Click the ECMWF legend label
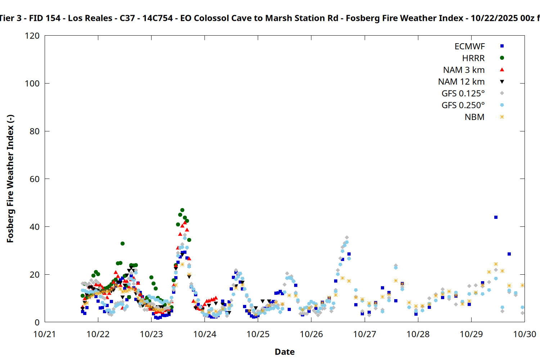click(469, 46)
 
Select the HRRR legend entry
click(473, 58)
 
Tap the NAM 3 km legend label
click(464, 70)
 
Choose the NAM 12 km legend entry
click(461, 82)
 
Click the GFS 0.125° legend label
click(463, 94)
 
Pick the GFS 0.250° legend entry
click(463, 105)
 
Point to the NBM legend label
click(474, 117)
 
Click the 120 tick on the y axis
click(32, 36)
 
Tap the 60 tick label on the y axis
click(35, 179)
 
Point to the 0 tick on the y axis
click(37, 322)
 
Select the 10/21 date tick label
click(45, 334)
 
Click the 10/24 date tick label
click(204, 334)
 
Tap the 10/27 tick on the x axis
click(365, 334)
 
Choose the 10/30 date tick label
click(525, 334)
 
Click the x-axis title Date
click(284, 352)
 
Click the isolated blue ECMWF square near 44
click(496, 217)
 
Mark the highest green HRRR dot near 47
click(182, 210)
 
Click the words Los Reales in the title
click(90, 18)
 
